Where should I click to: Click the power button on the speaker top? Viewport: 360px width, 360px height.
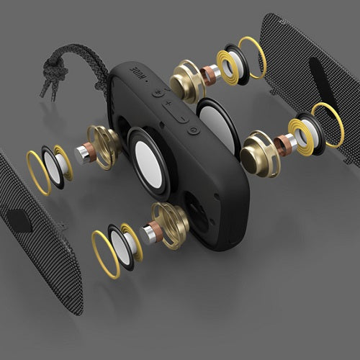193,130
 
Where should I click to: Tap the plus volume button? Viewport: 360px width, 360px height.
168,104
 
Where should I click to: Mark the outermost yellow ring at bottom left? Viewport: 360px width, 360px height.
105,253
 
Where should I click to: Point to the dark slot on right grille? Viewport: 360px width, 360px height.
321,79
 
